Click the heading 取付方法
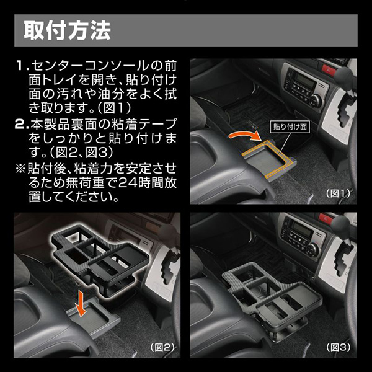click(x=68, y=30)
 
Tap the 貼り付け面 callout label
click(x=290, y=126)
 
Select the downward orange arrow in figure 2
click(x=81, y=304)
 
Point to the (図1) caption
click(x=338, y=193)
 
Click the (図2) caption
click(x=162, y=348)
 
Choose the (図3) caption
click(x=338, y=348)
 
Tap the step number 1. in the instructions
click(x=23, y=66)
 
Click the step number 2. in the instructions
click(x=22, y=124)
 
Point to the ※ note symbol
click(x=20, y=169)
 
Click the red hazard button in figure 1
click(x=329, y=69)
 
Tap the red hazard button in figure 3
click(x=325, y=218)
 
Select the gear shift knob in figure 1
click(x=345, y=74)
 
